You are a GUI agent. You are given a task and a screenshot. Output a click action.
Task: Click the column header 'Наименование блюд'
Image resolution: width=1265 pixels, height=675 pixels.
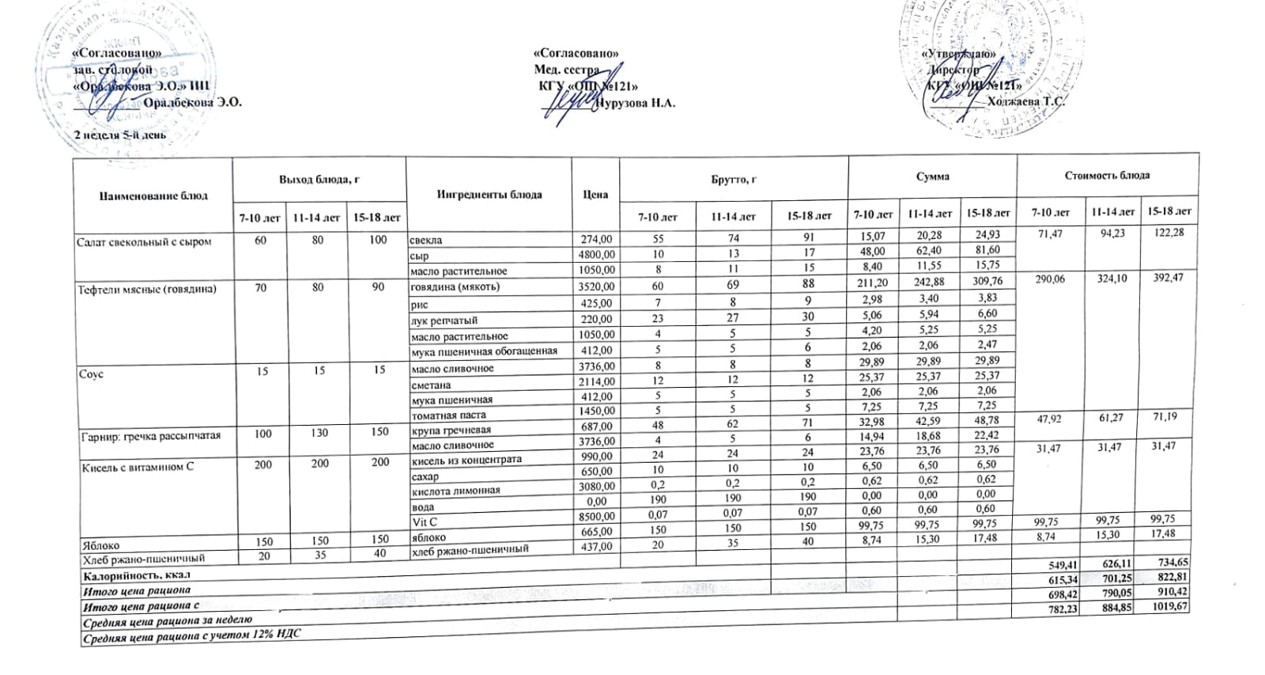(153, 195)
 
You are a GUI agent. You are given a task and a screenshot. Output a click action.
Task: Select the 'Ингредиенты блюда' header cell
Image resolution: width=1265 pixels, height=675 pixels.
(489, 195)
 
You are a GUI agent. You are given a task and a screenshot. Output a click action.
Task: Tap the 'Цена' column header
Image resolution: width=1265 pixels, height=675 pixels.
(595, 194)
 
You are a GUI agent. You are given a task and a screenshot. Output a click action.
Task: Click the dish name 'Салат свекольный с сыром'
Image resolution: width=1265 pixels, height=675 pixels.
(143, 241)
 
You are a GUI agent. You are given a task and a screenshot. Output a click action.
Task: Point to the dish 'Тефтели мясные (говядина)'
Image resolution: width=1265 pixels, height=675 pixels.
(147, 288)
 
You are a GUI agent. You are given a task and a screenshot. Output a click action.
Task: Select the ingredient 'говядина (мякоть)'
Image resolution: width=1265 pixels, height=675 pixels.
(455, 286)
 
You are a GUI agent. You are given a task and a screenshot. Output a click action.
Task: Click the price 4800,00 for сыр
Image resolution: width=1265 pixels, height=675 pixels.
(595, 255)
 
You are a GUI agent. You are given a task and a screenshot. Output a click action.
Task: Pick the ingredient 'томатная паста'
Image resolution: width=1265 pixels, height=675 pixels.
(447, 415)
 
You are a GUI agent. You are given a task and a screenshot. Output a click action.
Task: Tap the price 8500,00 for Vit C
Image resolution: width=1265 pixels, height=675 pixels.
(595, 518)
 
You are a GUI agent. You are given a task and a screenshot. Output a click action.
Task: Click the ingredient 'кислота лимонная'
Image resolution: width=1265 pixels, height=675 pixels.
(455, 491)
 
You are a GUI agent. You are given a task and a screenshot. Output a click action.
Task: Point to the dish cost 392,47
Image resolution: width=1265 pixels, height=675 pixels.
(1165, 278)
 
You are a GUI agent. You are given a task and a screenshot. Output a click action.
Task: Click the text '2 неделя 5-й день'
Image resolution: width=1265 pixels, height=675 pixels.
(119, 135)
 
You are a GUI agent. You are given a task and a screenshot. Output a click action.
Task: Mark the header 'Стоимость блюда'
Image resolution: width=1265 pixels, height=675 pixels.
(1107, 175)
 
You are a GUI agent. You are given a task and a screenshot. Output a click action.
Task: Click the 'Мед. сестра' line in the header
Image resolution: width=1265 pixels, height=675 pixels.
(566, 70)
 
